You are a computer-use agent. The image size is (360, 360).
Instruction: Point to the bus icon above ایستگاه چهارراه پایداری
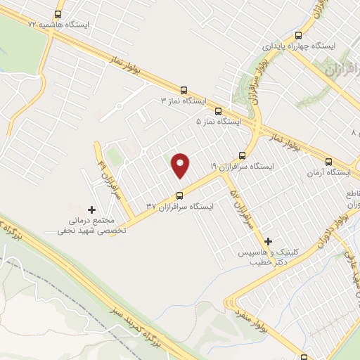(x=299, y=34)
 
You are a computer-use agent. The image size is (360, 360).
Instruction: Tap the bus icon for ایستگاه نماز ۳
(x=184, y=91)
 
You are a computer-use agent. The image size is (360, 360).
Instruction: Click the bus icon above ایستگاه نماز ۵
(x=218, y=111)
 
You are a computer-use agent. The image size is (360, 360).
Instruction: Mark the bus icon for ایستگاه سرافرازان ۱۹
(x=242, y=155)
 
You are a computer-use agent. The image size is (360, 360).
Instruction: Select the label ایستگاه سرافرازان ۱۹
(x=241, y=166)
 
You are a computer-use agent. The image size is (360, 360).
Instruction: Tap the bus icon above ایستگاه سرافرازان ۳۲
(x=179, y=195)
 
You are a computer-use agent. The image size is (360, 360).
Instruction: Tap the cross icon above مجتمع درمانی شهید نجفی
(x=91, y=210)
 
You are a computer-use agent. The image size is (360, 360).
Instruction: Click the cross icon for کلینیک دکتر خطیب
(x=268, y=240)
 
